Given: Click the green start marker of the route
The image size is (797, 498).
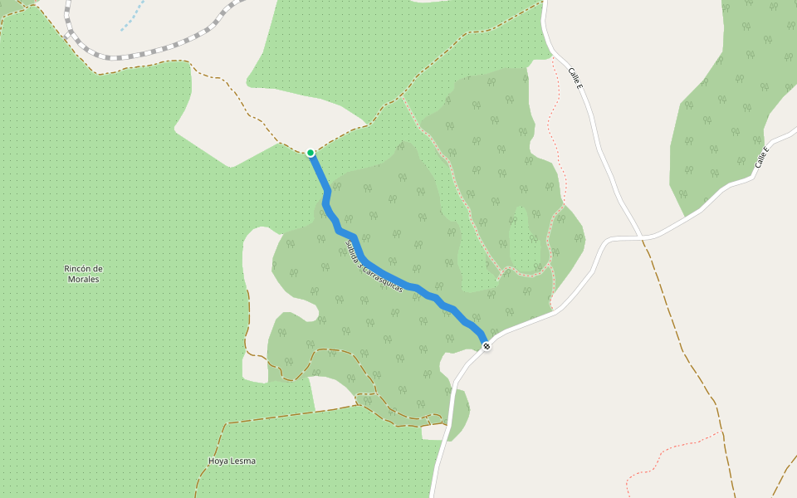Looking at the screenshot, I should pos(310,153).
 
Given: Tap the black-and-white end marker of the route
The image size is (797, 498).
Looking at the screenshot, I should pos(487,346).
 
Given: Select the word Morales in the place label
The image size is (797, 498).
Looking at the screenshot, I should pos(83,280).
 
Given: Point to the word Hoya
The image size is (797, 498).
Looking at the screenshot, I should pos(218,461).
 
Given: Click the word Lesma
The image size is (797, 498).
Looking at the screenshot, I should pos(243,461).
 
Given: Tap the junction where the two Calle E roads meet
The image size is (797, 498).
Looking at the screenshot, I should pos(643,237).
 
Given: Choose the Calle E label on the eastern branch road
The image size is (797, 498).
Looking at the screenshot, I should pos(761,158).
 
